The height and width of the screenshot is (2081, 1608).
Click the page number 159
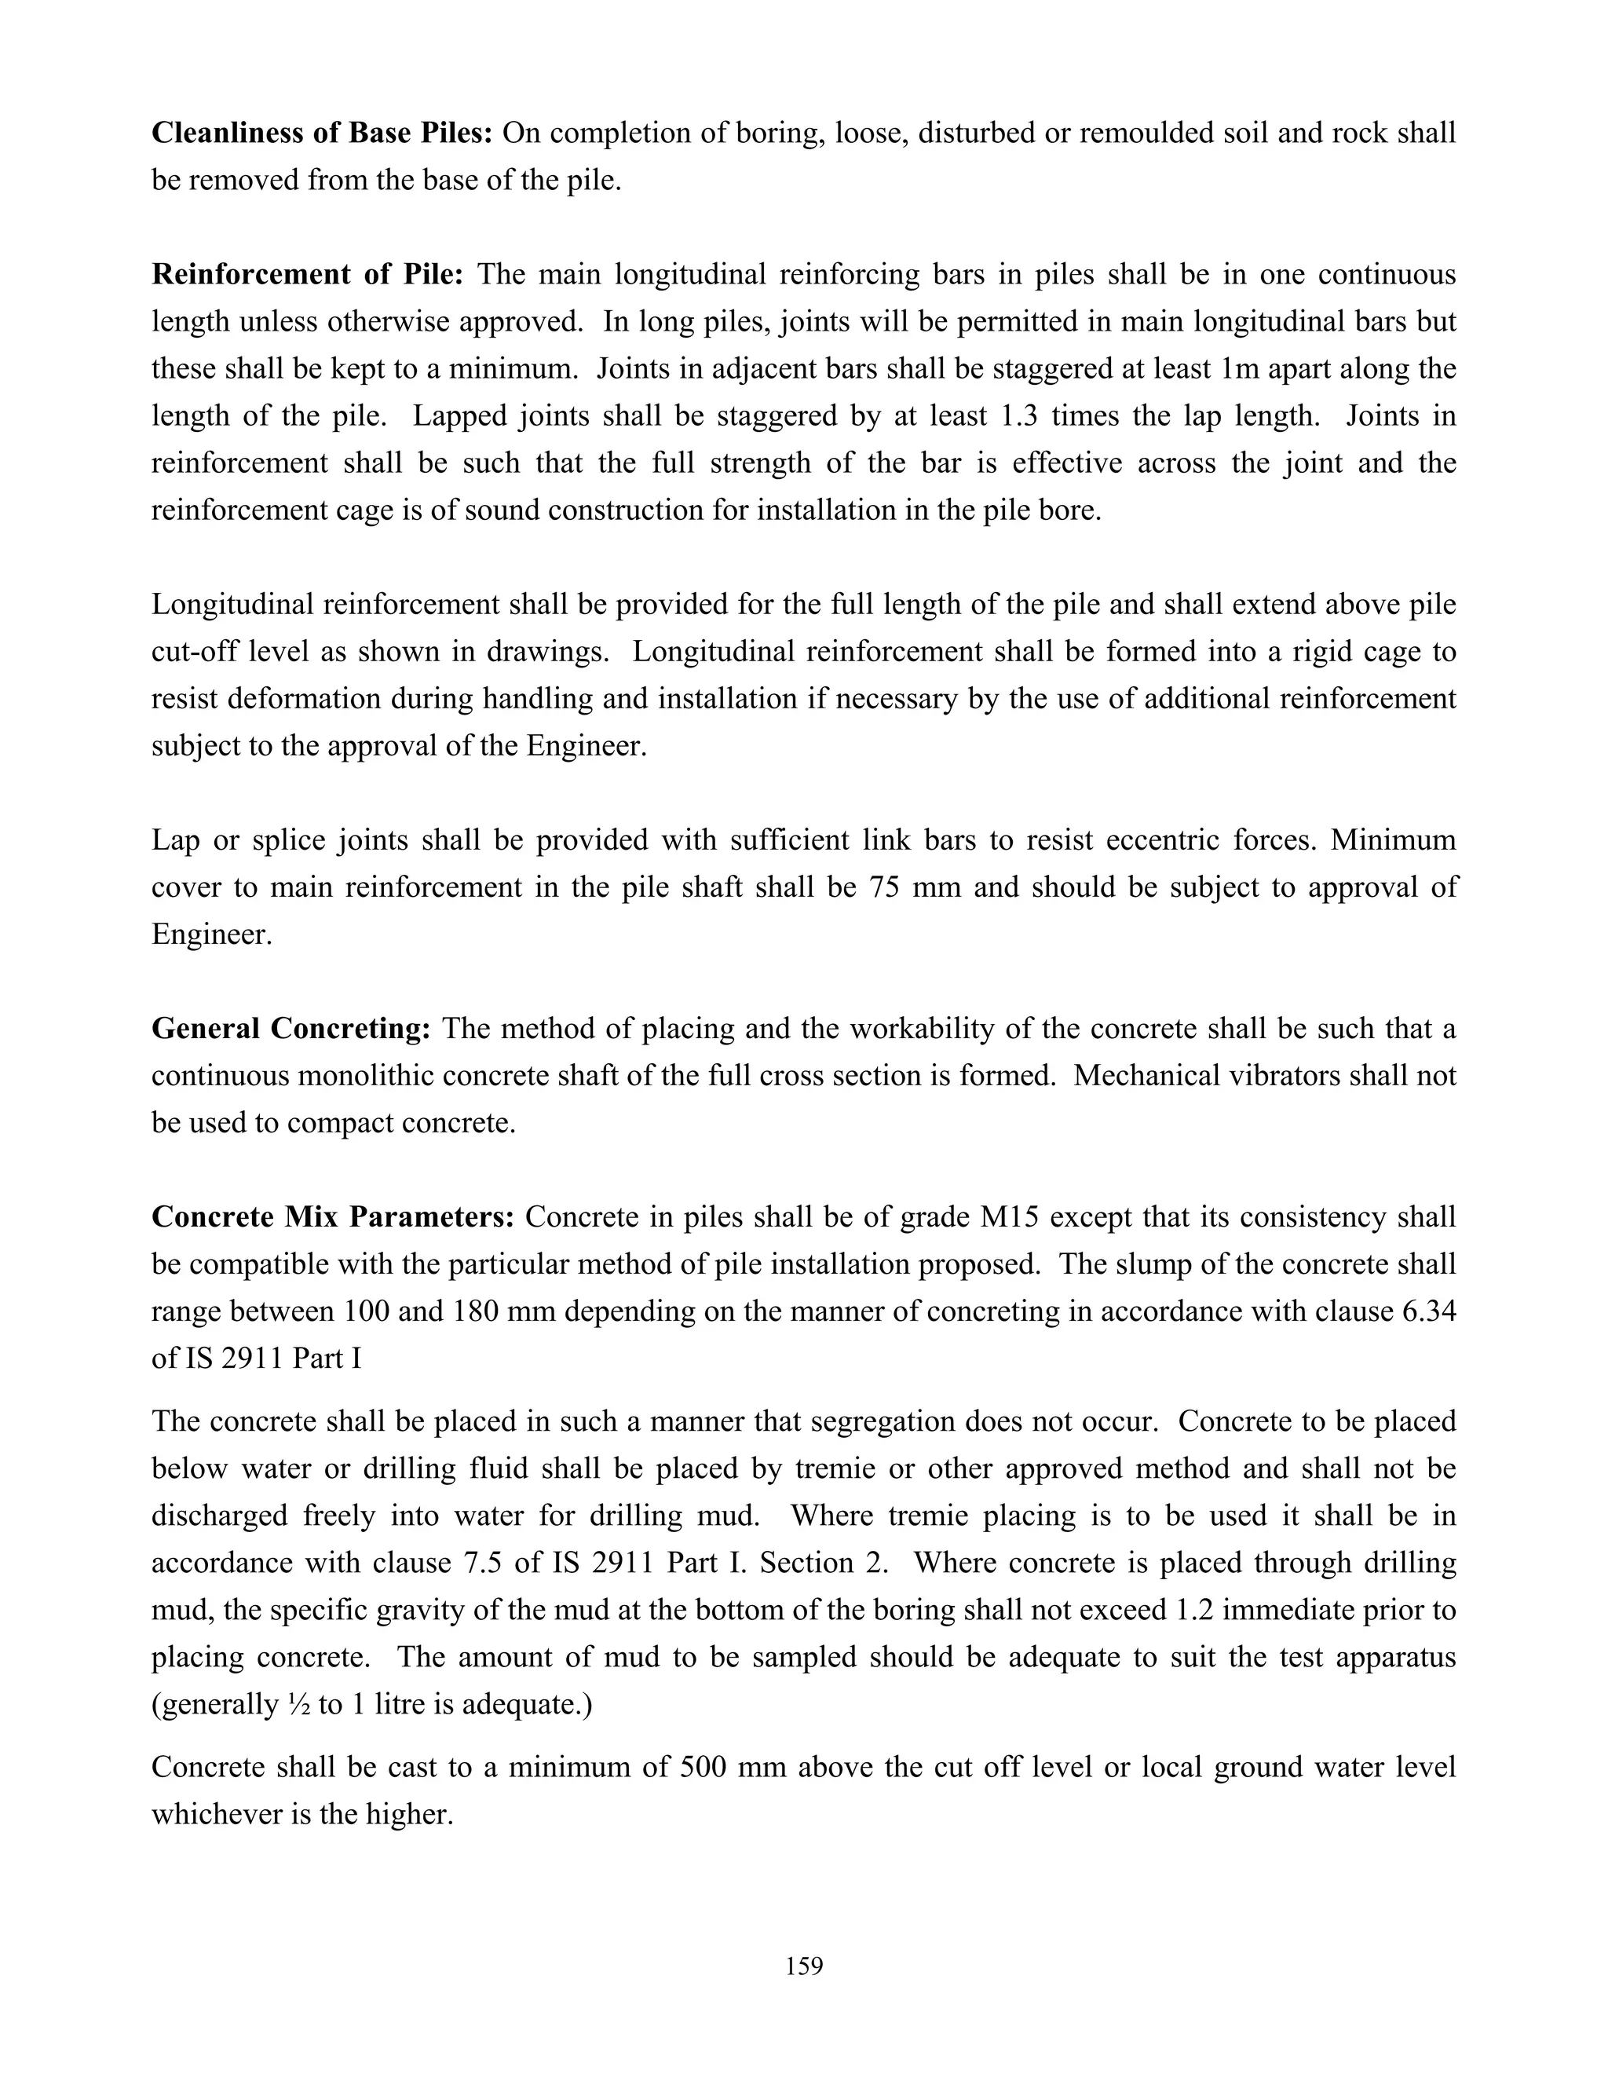click(804, 1966)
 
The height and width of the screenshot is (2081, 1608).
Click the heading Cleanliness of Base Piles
click(321, 133)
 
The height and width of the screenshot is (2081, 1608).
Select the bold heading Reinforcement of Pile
click(307, 274)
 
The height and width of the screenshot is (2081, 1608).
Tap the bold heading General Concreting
click(291, 1029)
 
